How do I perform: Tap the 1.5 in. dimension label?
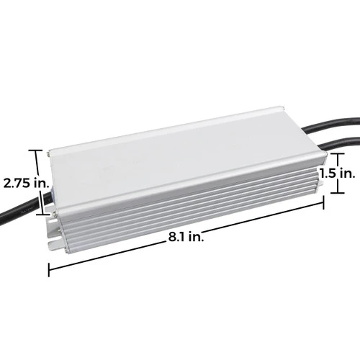point(337,174)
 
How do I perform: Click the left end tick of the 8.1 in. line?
point(48,269)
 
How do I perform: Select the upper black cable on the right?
point(338,136)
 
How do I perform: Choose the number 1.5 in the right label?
point(329,174)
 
